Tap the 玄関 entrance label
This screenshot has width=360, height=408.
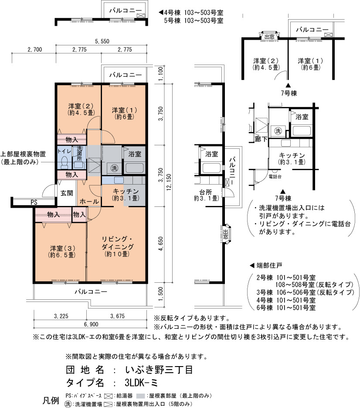[67, 193]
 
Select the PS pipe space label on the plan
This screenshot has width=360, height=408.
[34, 202]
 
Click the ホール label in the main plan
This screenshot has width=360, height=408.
[89, 201]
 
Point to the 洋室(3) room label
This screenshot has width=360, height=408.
[63, 248]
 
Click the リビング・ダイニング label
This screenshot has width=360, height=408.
[118, 243]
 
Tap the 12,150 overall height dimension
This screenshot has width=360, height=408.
[169, 182]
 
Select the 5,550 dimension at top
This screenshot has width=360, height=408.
[102, 41]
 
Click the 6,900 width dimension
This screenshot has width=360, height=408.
[91, 324]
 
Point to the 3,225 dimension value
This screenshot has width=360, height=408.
[61, 316]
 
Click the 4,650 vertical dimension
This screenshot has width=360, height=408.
[161, 243]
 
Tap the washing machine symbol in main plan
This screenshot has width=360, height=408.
[114, 168]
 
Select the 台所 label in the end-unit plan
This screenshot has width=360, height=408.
[206, 192]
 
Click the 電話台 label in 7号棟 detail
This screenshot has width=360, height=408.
[275, 177]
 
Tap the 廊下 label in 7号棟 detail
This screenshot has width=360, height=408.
[261, 139]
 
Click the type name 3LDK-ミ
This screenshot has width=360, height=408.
[141, 383]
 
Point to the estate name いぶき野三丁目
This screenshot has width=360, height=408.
[159, 370]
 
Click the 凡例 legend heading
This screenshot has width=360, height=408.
[51, 400]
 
